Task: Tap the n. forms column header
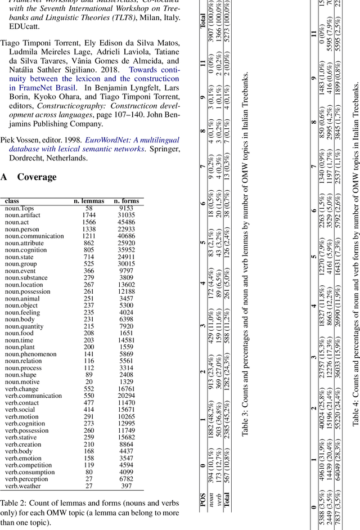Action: coord(127,201)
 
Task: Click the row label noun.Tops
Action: coord(20,208)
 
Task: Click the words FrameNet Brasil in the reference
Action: coord(37,88)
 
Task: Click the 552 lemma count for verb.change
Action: coord(89,389)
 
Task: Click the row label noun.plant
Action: coord(20,347)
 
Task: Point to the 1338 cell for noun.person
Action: coord(89,229)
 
